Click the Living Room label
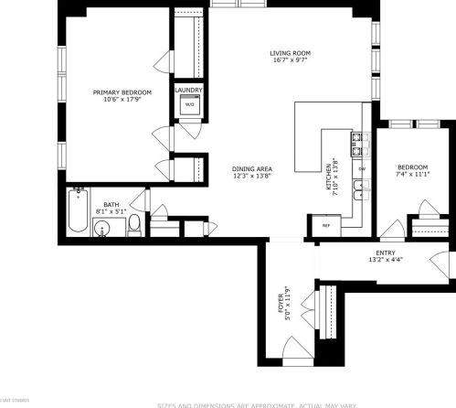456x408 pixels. point(291,53)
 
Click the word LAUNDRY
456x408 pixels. point(189,90)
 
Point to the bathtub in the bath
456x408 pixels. point(79,211)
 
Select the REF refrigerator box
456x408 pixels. point(324,224)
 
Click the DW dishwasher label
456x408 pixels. point(362,169)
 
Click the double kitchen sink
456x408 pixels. point(362,191)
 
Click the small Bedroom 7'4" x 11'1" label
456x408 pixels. point(412,167)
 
